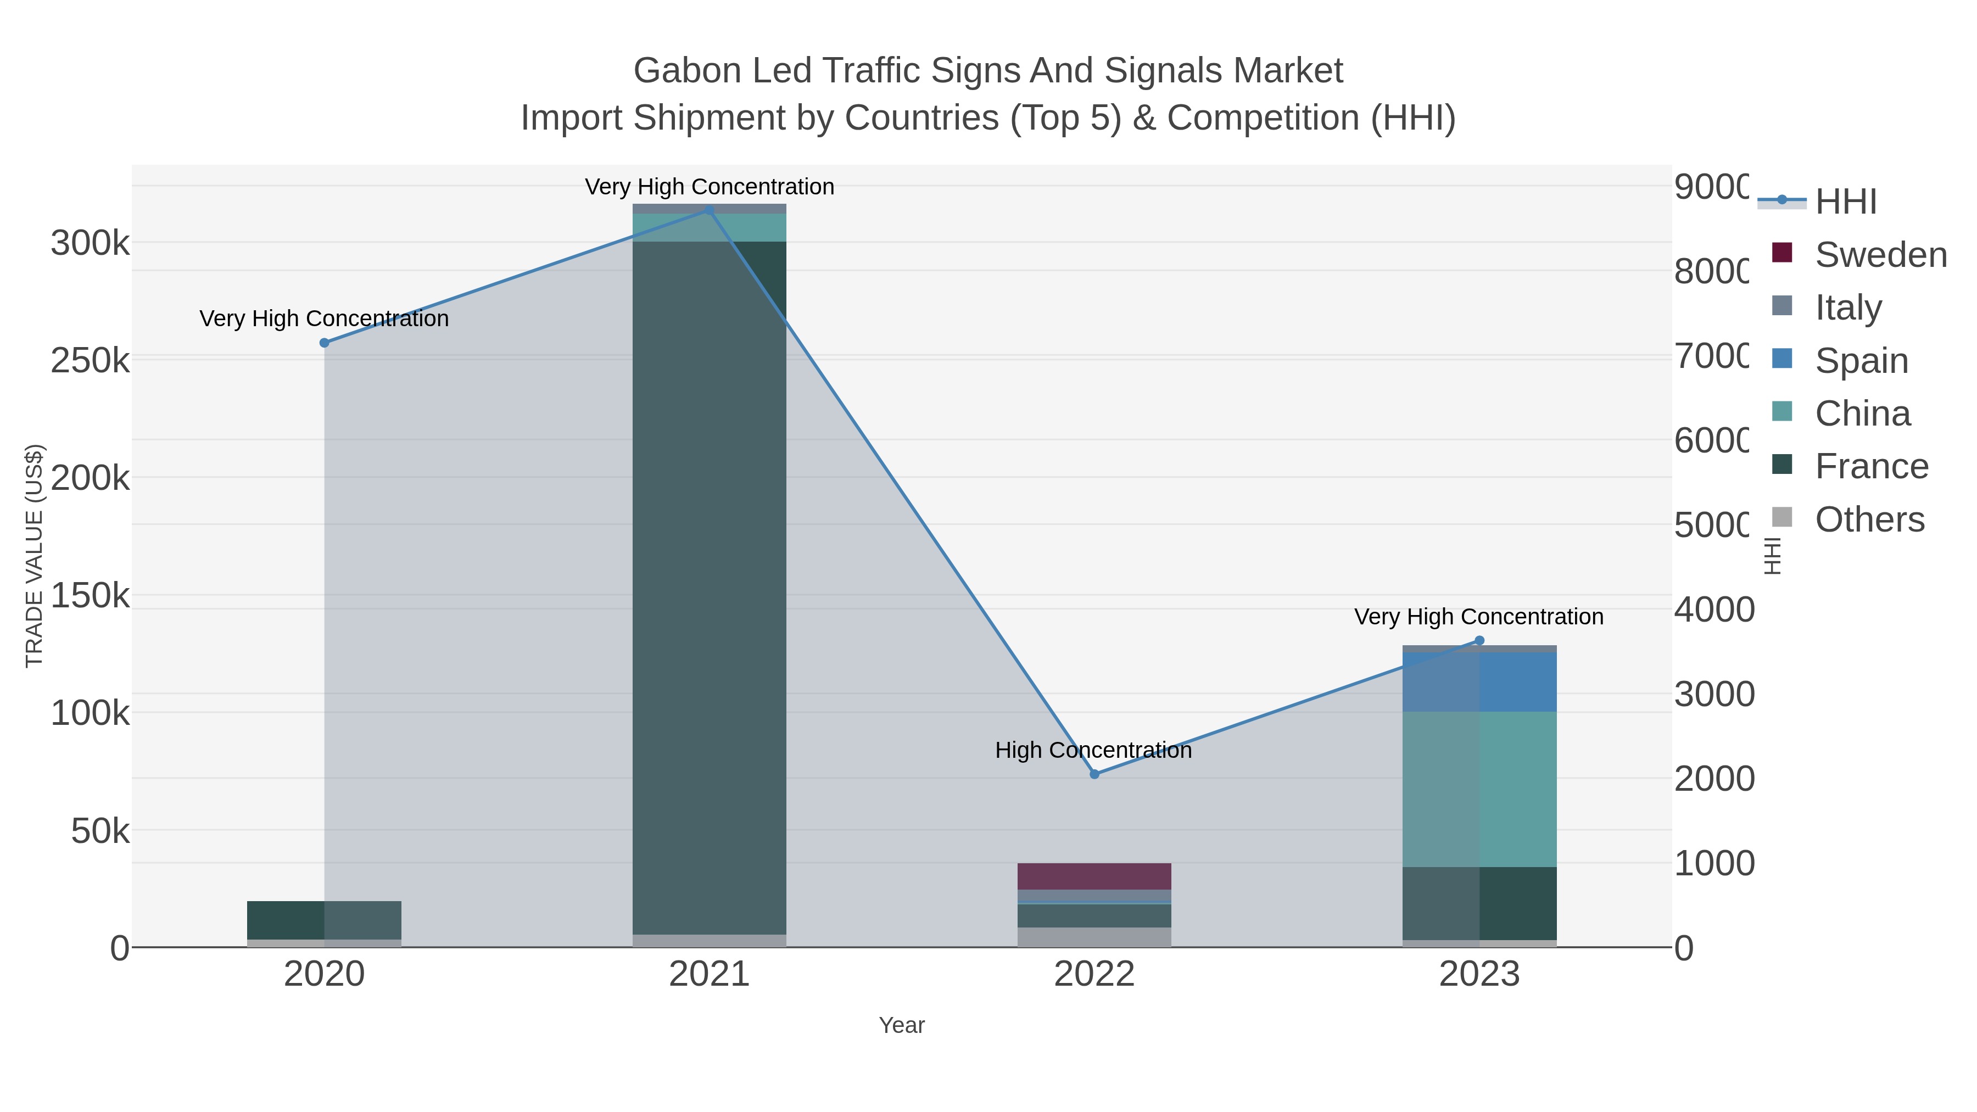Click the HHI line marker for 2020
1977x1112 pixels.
pos(324,343)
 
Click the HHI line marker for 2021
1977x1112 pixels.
pos(709,210)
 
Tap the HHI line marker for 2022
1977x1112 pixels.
pos(1094,774)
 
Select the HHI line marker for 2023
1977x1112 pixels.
pos(1479,641)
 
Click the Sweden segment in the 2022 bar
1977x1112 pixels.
pos(1094,876)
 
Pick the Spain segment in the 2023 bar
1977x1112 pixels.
pos(1479,682)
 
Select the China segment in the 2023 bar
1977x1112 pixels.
pos(1479,789)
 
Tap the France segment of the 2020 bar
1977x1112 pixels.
pos(324,920)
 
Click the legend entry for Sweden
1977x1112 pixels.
pos(1880,255)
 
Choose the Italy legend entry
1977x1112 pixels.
pos(1848,308)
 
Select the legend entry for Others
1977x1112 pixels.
pos(1869,519)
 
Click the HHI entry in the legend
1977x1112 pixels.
pos(1846,202)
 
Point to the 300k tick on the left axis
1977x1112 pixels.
pos(90,243)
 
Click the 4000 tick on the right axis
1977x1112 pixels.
pos(1713,610)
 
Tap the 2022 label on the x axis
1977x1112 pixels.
pos(1094,975)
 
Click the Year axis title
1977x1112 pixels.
pos(902,1025)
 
